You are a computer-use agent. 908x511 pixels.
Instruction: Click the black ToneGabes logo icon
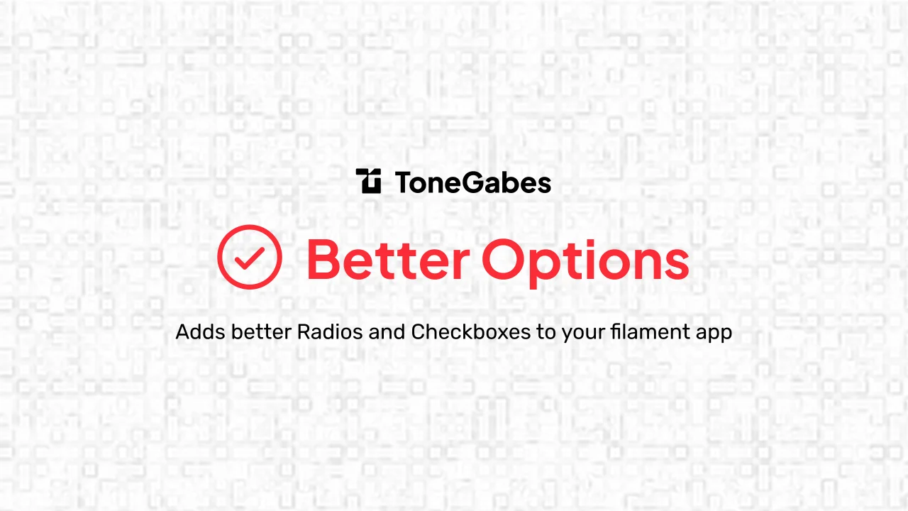tap(369, 182)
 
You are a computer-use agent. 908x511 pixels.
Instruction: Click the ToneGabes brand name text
tap(473, 183)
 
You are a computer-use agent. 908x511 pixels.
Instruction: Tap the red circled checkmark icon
tap(249, 257)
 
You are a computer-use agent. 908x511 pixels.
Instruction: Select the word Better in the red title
tap(387, 260)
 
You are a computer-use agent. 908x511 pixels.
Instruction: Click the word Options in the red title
tap(585, 261)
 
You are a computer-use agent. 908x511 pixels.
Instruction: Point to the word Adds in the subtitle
tap(194, 331)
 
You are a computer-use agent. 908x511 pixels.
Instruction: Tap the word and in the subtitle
tap(387, 331)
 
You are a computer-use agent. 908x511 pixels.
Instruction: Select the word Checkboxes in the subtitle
tap(471, 331)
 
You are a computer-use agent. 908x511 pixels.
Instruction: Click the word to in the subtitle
tap(546, 331)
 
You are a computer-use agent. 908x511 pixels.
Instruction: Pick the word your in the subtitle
tap(583, 333)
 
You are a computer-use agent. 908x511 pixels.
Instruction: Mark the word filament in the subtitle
tap(644, 331)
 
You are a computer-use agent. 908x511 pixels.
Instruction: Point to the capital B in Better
tap(323, 260)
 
